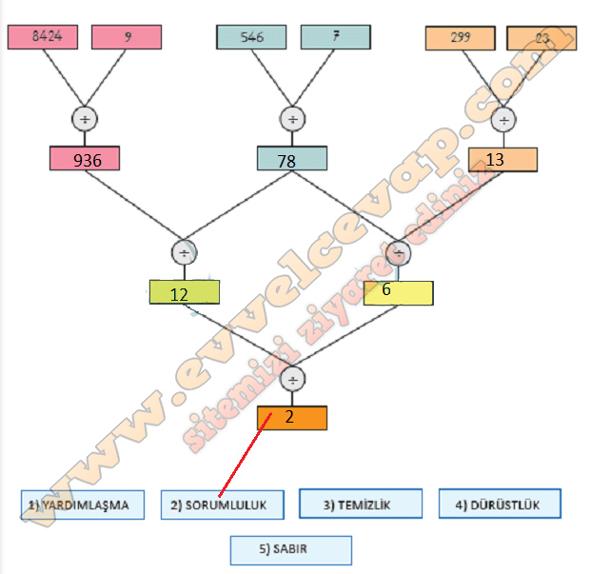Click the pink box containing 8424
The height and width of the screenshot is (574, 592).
click(43, 37)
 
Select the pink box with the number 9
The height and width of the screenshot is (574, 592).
click(127, 37)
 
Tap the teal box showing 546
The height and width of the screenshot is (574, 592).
click(251, 37)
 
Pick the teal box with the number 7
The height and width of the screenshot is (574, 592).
click(335, 37)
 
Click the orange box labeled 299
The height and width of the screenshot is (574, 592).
click(460, 38)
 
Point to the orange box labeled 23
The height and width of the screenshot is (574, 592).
click(542, 38)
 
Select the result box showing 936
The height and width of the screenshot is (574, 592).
click(85, 159)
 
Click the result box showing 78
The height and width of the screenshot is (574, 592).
click(292, 159)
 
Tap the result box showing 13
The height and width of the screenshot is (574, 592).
click(503, 159)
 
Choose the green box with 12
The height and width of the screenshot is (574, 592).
click(184, 291)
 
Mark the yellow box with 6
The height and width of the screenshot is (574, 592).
click(398, 291)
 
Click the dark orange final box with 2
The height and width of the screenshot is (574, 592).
click(291, 418)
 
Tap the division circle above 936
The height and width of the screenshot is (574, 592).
click(85, 119)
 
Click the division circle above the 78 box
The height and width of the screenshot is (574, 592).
click(292, 119)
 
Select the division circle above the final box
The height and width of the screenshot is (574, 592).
click(293, 378)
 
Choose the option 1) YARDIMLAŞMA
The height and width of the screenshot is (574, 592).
click(83, 505)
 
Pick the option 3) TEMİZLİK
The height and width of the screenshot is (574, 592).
click(360, 505)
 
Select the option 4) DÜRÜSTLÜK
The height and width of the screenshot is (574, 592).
click(499, 505)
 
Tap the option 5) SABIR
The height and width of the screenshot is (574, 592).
click(290, 550)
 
